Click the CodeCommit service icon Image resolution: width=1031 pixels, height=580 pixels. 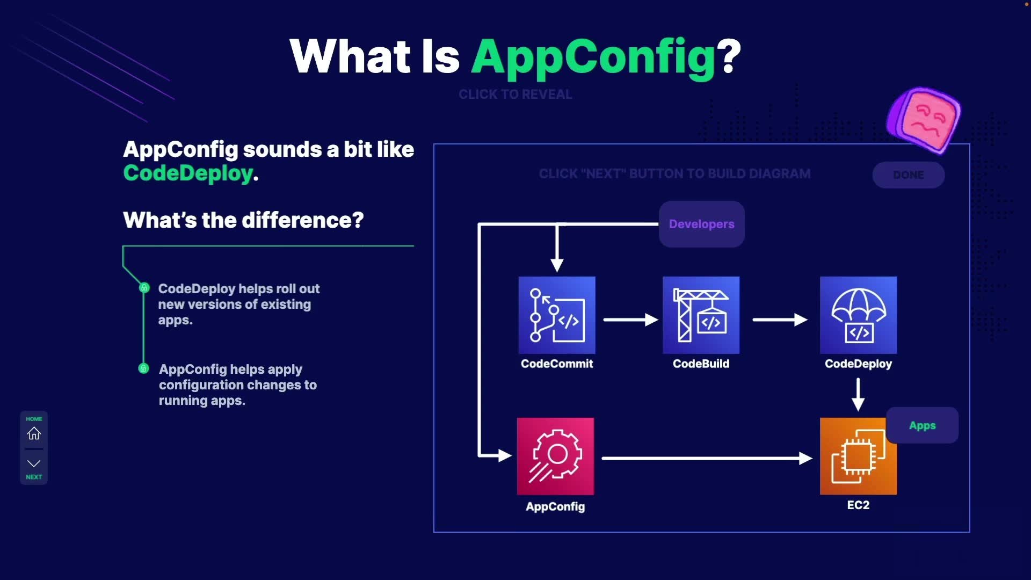coord(557,315)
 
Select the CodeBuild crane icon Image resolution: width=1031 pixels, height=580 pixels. coord(701,315)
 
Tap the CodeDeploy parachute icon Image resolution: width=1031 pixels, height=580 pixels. coord(858,315)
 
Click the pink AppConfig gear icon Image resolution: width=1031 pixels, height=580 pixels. coord(555,456)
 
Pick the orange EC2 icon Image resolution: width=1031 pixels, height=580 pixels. coord(858,456)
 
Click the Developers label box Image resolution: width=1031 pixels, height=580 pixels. coord(701,224)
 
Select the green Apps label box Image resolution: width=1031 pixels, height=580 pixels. coord(922,425)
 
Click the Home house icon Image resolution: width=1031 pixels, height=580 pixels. coord(34,433)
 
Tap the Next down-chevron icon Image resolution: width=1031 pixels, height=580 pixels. coord(34,463)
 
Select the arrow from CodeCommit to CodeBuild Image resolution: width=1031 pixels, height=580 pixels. coord(630,320)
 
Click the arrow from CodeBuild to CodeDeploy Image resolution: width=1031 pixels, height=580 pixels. coord(780,320)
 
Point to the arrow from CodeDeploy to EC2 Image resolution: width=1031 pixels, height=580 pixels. coord(858,394)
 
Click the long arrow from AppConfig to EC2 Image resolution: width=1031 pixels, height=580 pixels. coord(706,458)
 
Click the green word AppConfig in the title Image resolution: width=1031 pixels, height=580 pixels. coord(593,57)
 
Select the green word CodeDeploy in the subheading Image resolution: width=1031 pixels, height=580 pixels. coord(188,173)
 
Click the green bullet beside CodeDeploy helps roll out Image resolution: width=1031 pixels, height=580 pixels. coord(144,288)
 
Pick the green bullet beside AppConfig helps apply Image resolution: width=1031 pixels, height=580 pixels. coord(143,368)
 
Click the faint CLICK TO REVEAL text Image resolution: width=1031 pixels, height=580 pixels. coord(515,95)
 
